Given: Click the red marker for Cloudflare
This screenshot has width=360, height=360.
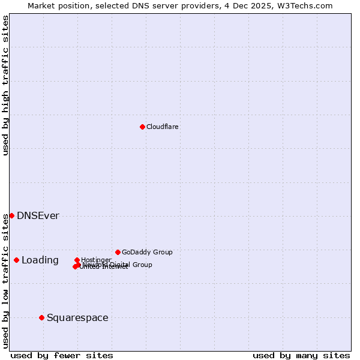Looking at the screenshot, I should (x=142, y=127).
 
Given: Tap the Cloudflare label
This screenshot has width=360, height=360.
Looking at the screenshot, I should (x=163, y=127).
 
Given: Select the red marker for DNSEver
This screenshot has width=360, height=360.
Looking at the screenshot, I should (x=11, y=215).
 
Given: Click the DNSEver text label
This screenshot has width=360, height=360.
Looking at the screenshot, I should (x=38, y=216).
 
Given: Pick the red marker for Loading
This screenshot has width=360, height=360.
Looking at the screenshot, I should (x=16, y=260).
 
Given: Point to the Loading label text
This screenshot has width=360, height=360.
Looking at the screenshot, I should (x=40, y=260).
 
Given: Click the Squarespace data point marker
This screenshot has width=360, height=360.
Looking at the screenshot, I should (x=41, y=317).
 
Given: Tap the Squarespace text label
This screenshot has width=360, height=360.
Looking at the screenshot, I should (x=77, y=318).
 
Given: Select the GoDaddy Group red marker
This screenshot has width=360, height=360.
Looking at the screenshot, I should (x=118, y=252).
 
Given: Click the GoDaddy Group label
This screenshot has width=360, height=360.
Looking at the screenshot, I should (x=147, y=252).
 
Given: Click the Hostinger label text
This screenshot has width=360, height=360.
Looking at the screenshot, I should (x=96, y=260).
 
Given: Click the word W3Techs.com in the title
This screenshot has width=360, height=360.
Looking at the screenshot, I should (x=308, y=5).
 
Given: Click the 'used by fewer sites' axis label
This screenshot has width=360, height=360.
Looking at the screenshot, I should (x=62, y=355).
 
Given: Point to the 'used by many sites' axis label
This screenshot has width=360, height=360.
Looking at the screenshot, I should (x=301, y=355).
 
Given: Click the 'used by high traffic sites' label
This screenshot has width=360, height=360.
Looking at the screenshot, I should (x=5, y=85).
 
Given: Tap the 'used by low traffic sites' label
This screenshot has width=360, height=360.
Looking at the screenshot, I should (x=5, y=280).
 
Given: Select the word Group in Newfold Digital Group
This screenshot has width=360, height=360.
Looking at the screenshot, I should (x=142, y=265).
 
